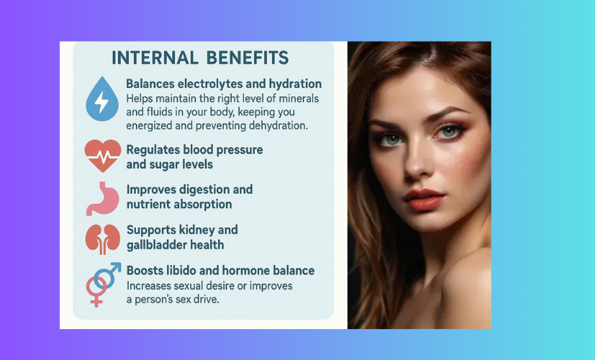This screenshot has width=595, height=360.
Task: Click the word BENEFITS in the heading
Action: pyautogui.click(x=247, y=57)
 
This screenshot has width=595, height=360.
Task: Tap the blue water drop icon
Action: pyautogui.click(x=101, y=99)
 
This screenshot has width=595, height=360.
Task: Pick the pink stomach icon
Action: pyautogui.click(x=101, y=197)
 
